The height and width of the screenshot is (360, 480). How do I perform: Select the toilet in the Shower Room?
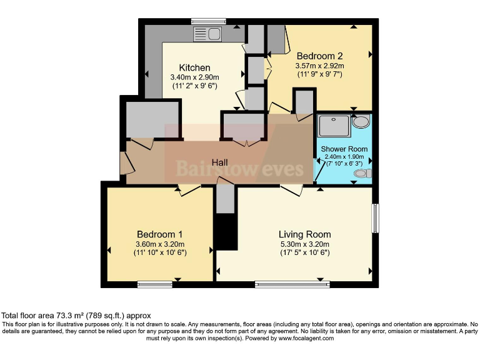click(x=363, y=173)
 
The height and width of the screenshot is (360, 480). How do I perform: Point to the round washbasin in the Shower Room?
click(x=361, y=121)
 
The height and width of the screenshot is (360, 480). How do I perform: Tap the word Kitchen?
click(x=194, y=67)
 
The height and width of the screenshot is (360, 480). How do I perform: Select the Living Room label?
click(x=304, y=234)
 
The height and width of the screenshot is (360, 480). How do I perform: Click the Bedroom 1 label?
click(x=159, y=234)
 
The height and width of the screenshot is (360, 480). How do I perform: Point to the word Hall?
click(x=219, y=162)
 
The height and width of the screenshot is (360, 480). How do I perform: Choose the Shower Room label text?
click(x=344, y=149)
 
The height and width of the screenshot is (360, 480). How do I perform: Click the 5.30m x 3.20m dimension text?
click(x=304, y=244)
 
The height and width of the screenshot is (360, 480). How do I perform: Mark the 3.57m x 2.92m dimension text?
click(x=319, y=65)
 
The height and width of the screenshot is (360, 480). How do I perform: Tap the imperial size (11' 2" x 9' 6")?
click(x=194, y=87)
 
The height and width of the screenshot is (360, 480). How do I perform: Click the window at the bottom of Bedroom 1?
click(x=155, y=284)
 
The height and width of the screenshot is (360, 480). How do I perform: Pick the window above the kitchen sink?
click(x=209, y=21)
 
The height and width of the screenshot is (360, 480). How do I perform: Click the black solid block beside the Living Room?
click(x=226, y=232)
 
